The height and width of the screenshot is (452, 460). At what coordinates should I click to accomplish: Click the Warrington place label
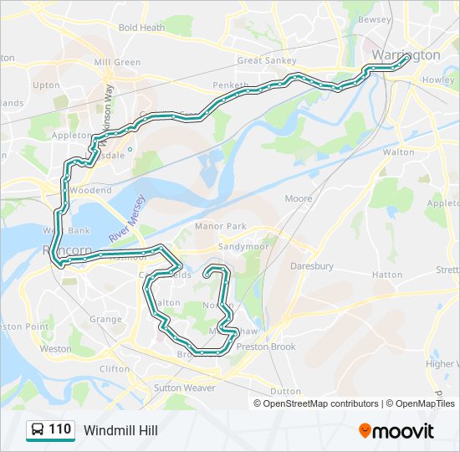click(x=406, y=55)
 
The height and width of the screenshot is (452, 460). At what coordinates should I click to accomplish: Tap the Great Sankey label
click(x=262, y=60)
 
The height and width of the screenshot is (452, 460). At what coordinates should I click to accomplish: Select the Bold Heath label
click(x=141, y=28)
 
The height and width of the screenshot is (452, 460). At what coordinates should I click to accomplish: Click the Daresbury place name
click(x=311, y=266)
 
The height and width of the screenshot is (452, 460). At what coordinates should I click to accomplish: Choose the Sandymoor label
click(x=242, y=248)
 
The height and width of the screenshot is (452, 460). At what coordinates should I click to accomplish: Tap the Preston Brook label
click(x=266, y=347)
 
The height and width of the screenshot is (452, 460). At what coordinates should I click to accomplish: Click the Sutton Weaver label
click(x=184, y=388)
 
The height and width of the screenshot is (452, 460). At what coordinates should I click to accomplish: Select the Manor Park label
click(x=221, y=226)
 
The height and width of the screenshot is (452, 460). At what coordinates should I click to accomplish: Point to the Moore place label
click(x=299, y=199)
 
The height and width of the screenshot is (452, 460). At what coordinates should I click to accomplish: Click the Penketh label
click(x=231, y=85)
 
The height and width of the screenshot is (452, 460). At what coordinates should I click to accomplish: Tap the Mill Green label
click(x=117, y=63)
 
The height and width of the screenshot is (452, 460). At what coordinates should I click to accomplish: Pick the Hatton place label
click(x=387, y=275)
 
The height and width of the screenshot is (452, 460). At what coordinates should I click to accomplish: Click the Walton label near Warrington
click(x=398, y=152)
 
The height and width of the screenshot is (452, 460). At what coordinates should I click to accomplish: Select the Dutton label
click(x=285, y=391)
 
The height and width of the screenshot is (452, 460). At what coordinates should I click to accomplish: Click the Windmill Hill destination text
click(x=120, y=430)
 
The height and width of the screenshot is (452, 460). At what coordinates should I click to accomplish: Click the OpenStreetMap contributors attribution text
click(x=321, y=403)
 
